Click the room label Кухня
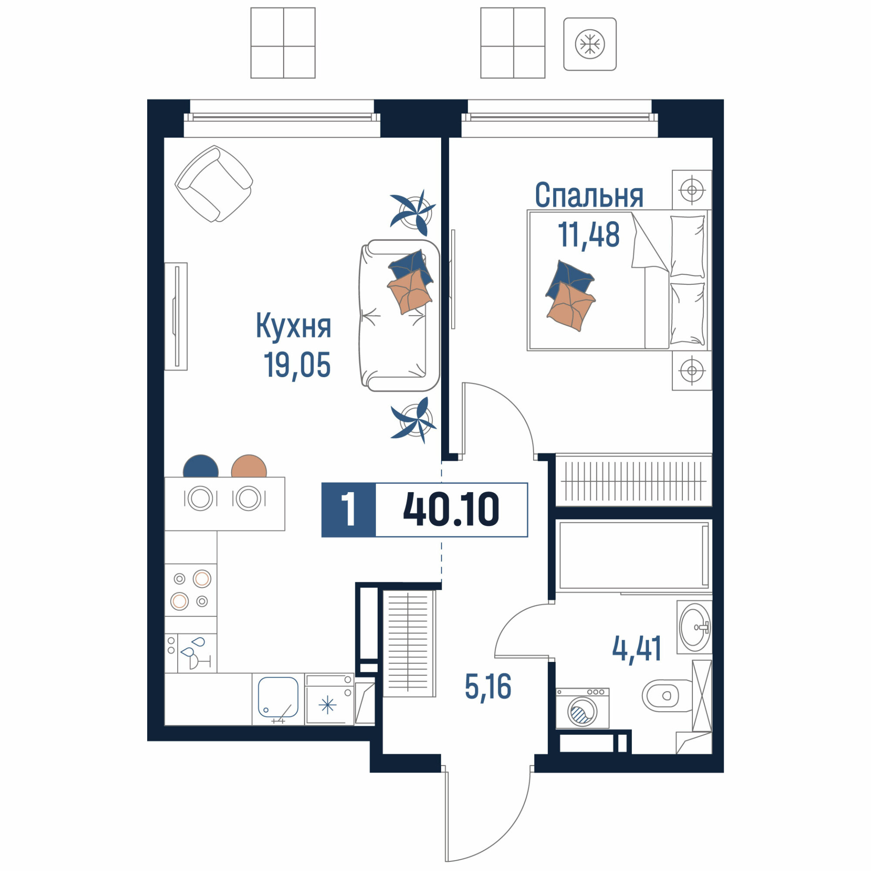click(294, 326)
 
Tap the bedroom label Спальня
click(589, 195)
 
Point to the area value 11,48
click(589, 234)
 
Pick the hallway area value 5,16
click(488, 687)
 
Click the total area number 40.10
click(451, 510)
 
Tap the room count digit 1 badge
click(348, 510)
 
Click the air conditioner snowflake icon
click(590, 44)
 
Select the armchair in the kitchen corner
click(214, 183)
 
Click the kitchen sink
click(278, 697)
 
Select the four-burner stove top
click(191, 590)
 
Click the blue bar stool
click(201, 466)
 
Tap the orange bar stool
click(249, 466)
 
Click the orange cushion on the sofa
click(410, 291)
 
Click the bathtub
click(633, 555)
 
